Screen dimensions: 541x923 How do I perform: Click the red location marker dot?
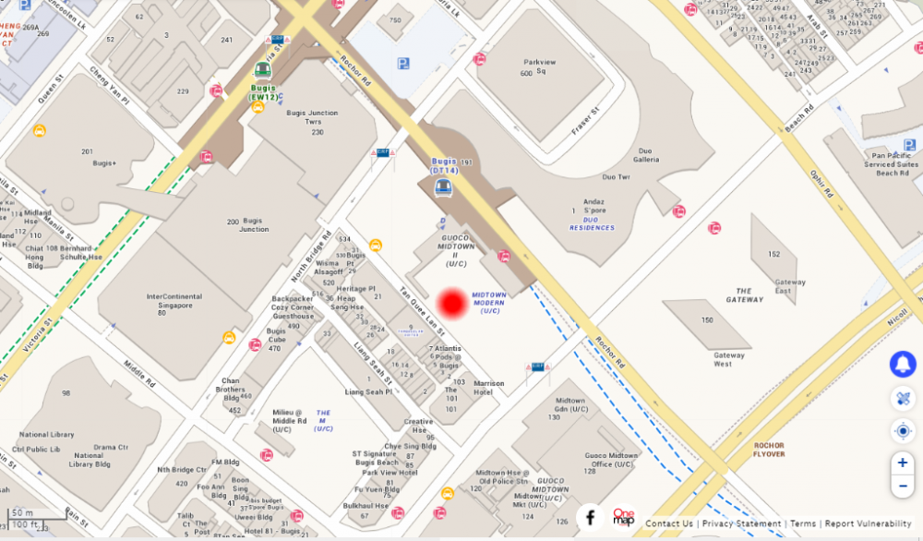tap(452, 304)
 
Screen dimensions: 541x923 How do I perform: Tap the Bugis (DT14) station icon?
tap(444, 187)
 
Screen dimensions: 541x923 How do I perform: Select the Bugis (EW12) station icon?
tap(263, 70)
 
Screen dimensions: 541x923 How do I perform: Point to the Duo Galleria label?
tap(645, 155)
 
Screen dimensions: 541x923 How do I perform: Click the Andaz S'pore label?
tap(593, 206)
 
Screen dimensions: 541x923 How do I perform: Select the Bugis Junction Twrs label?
tap(312, 117)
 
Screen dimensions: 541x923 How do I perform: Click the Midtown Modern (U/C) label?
tap(489, 302)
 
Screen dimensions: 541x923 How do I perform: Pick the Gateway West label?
tap(729, 359)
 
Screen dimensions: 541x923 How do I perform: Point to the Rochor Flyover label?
tap(769, 450)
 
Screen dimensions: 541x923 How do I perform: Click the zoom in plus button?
tap(903, 463)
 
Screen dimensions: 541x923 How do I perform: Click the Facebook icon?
tap(591, 518)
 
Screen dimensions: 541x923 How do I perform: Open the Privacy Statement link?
tap(741, 523)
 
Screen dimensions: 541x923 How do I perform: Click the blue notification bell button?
tap(903, 364)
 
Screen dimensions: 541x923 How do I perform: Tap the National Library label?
tap(47, 434)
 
